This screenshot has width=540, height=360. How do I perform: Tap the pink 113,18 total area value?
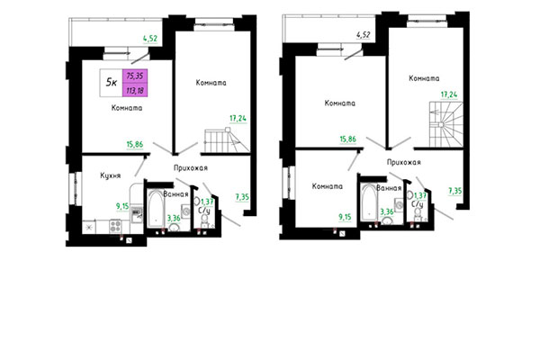(x=139, y=89)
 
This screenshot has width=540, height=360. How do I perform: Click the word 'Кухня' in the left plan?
(x=112, y=177)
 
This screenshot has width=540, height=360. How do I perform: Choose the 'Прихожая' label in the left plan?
(x=191, y=167)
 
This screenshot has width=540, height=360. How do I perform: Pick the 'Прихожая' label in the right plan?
(x=404, y=162)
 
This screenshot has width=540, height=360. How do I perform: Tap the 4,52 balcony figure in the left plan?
(x=151, y=38)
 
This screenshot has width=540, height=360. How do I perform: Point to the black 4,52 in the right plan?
(x=364, y=35)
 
